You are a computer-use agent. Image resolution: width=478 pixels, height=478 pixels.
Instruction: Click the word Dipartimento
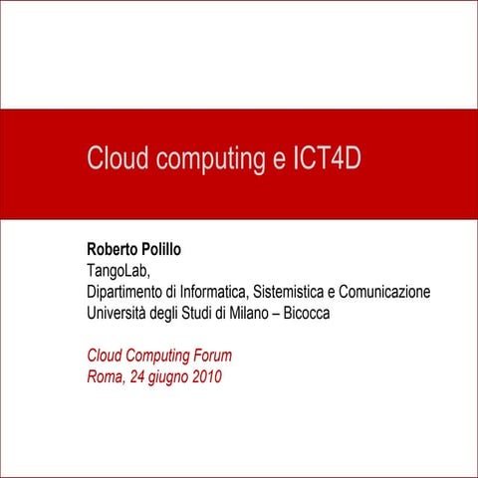tap(126, 292)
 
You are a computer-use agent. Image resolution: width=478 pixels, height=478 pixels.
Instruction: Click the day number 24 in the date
tap(135, 376)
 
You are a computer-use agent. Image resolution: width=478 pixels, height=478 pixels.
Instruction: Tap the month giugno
tap(168, 377)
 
